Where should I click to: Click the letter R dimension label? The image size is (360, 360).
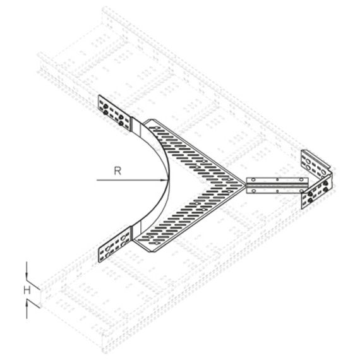(x=117, y=171)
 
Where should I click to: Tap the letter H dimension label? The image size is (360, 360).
(x=27, y=291)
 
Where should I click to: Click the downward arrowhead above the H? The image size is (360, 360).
(x=27, y=275)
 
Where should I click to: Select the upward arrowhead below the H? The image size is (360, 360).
(x=27, y=305)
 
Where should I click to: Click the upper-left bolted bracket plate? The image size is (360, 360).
(x=114, y=113)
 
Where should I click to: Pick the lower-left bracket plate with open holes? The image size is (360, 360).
(x=115, y=244)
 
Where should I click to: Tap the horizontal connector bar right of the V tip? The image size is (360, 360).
(x=277, y=185)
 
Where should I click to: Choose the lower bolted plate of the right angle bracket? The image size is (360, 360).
(x=316, y=192)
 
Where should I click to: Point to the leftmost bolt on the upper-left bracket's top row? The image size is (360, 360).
(x=105, y=107)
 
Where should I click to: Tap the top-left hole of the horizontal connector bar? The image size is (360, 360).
(x=253, y=179)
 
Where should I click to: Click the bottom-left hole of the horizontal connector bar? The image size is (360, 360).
(x=253, y=191)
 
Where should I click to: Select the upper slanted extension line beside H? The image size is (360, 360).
(x=33, y=285)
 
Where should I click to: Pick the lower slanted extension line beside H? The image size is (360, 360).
(x=33, y=303)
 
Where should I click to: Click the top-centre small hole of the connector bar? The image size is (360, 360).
(x=277, y=179)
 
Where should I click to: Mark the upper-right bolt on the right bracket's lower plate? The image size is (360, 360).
(x=325, y=183)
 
